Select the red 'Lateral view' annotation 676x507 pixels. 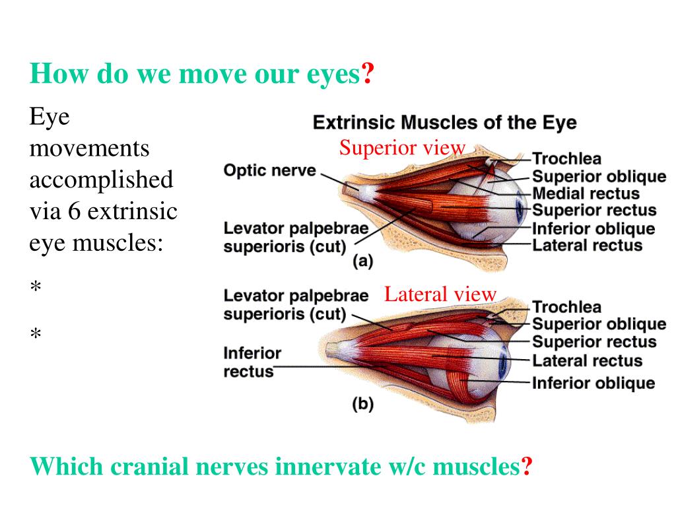point(440,294)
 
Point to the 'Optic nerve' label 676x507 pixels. point(269,170)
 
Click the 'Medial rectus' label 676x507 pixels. point(586,194)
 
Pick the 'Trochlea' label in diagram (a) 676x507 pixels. point(566,159)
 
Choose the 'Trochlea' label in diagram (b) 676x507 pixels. point(566,307)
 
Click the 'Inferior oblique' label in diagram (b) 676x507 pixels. point(593,383)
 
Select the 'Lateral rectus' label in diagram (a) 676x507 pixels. point(587,246)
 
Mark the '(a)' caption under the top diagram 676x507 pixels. point(362,261)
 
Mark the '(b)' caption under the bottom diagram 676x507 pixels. point(362,404)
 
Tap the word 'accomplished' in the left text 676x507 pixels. point(101,180)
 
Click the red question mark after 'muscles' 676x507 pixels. point(527,467)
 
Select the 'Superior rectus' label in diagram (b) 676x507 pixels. point(594,342)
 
